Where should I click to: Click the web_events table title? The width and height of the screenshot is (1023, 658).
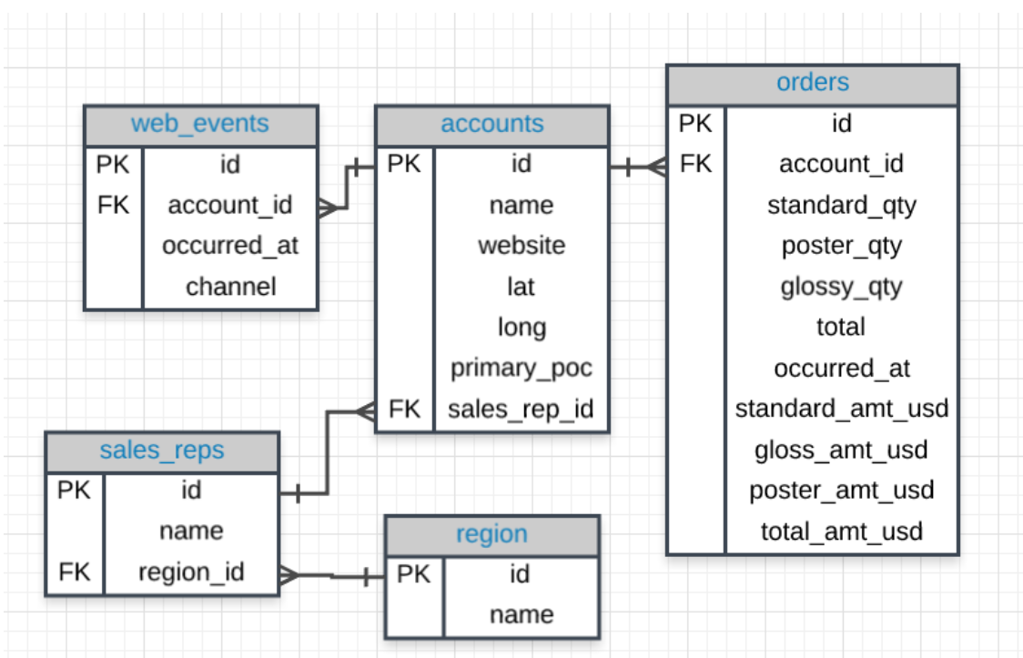coord(200,124)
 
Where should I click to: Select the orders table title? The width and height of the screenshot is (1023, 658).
coord(812,83)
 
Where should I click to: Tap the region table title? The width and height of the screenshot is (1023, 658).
coord(491,534)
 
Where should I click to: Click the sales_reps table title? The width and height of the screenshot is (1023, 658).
coord(162,450)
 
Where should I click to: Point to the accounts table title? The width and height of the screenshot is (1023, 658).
coord(491,125)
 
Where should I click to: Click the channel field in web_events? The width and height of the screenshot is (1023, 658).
coord(230,287)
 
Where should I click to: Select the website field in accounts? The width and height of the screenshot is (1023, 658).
coord(521,246)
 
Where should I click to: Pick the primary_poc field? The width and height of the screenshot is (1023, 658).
coord(521,368)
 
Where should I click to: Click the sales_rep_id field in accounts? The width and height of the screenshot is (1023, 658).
coord(521,410)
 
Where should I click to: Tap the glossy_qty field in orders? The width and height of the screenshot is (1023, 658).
coord(841,287)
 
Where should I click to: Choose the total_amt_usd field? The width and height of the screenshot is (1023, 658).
coord(841,531)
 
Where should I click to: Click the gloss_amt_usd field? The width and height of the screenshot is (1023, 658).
coord(841,450)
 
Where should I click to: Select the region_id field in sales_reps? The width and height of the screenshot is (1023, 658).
coord(191,572)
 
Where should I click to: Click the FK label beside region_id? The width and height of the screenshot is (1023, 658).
coord(75,572)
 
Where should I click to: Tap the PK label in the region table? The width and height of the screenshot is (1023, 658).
coord(414,574)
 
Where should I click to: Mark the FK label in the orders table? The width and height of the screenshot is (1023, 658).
coord(696,164)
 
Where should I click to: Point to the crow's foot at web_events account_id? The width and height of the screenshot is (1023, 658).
coord(329,208)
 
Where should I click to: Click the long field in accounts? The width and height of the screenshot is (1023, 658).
coord(521,328)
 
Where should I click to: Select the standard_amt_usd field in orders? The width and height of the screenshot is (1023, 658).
coord(841,409)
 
